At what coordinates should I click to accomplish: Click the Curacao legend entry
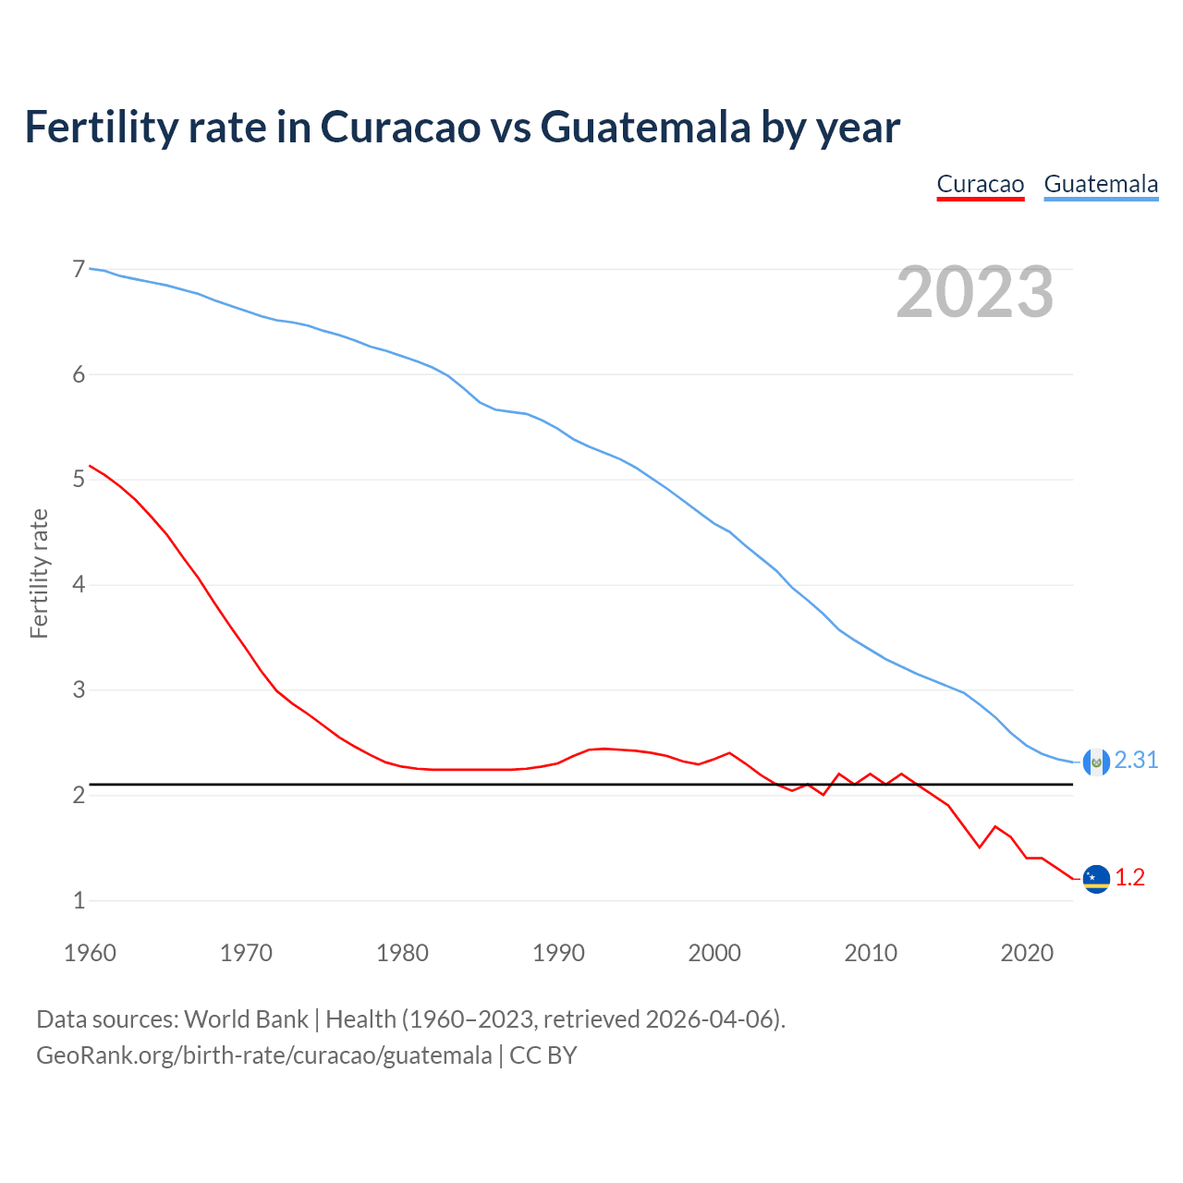coord(980,184)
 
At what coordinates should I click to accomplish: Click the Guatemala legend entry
coord(1101,184)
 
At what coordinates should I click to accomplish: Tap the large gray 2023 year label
coord(974,292)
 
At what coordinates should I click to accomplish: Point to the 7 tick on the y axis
coord(79,269)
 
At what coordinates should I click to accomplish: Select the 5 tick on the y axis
coord(79,480)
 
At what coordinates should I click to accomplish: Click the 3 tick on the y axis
coord(79,690)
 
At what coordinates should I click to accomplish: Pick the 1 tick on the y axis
coord(79,900)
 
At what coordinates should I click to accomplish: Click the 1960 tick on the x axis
coord(90,953)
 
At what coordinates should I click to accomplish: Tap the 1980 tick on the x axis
coord(402,953)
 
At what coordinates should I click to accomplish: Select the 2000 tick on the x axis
coord(714,953)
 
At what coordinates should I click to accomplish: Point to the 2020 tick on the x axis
coord(1027,953)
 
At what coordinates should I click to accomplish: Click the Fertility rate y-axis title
coord(39,573)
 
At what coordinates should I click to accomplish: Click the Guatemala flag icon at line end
coord(1096,762)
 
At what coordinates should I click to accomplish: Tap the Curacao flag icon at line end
coord(1096,879)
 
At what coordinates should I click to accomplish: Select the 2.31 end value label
coord(1136,760)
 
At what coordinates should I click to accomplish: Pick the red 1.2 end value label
coord(1129,877)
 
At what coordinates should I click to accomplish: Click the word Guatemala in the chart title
coord(645,127)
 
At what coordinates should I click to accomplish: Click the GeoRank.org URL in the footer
coord(263,1055)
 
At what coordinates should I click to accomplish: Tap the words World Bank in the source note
coord(246,1019)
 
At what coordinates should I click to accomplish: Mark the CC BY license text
coord(543,1055)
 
